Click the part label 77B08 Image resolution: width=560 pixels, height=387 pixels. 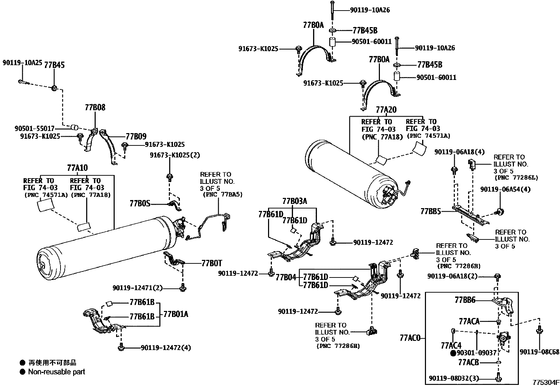[x=95, y=107]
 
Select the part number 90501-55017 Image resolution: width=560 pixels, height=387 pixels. [x=34, y=129]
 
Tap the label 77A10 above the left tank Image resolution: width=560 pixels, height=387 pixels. [x=77, y=168]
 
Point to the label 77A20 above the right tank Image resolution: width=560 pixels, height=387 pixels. [x=386, y=110]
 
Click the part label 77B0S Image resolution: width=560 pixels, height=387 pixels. [x=140, y=203]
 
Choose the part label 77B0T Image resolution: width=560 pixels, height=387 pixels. [x=212, y=263]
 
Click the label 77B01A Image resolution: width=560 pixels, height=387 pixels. [x=175, y=314]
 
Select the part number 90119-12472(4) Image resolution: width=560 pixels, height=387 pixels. [x=166, y=348]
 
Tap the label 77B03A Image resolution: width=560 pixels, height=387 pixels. [x=295, y=201]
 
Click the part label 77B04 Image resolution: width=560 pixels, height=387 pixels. [x=286, y=277]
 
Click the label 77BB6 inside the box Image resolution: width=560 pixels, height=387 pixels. [x=465, y=300]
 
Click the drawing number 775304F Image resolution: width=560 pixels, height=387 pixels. [x=545, y=382]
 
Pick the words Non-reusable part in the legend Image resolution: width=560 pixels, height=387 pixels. [x=56, y=372]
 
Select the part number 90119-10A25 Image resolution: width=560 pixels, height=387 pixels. [x=22, y=63]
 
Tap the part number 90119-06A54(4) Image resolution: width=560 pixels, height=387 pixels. [x=505, y=189]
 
